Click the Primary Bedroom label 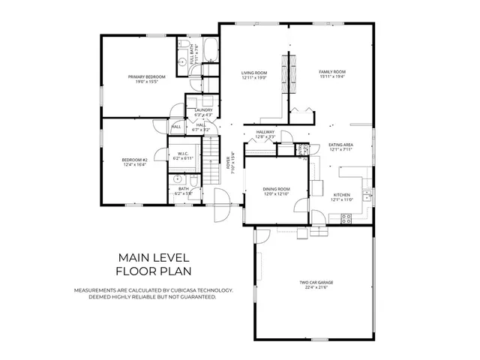(x=146, y=77)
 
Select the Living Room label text (x=255, y=73)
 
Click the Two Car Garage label (x=316, y=283)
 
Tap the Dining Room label (x=276, y=189)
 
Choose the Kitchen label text (x=341, y=195)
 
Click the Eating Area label (x=341, y=145)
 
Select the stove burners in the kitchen (x=346, y=218)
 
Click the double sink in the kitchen (x=367, y=196)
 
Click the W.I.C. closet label (x=183, y=154)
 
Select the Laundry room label (x=203, y=110)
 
